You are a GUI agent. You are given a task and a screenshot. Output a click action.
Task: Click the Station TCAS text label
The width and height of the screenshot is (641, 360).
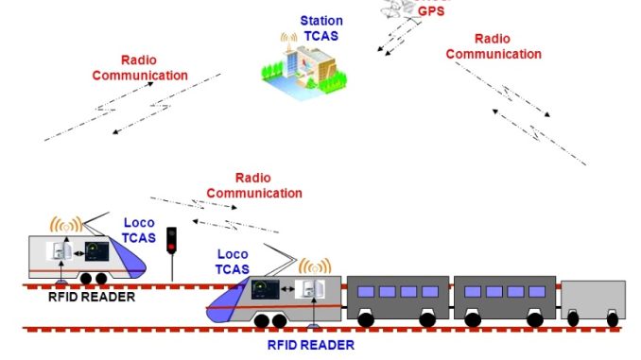[321, 27]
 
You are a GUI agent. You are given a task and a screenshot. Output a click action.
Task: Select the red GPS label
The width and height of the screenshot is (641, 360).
[431, 11]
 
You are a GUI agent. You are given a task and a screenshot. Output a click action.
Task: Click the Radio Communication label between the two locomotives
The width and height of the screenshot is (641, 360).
[253, 185]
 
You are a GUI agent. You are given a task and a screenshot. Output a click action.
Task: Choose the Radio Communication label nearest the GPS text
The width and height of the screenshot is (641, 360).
[494, 46]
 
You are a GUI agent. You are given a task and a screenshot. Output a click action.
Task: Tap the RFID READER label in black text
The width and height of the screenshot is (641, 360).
[92, 297]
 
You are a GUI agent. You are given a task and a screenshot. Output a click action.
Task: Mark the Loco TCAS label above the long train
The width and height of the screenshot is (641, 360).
[233, 262]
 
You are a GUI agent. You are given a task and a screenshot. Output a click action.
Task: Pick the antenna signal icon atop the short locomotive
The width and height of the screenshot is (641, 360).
[66, 227]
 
